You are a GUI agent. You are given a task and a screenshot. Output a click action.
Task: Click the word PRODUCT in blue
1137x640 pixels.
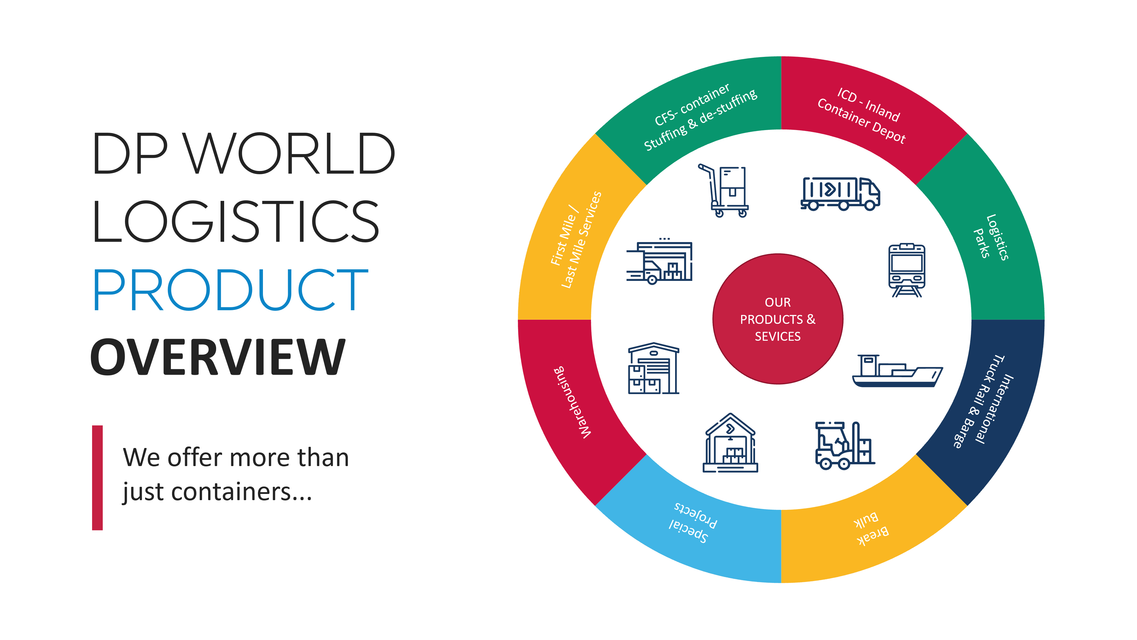[230, 290]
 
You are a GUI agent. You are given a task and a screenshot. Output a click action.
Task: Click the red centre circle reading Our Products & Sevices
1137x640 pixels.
[778, 319]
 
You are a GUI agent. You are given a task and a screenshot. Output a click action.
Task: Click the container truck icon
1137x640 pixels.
[840, 193]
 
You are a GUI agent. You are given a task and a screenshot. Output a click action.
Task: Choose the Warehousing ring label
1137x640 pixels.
[572, 402]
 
